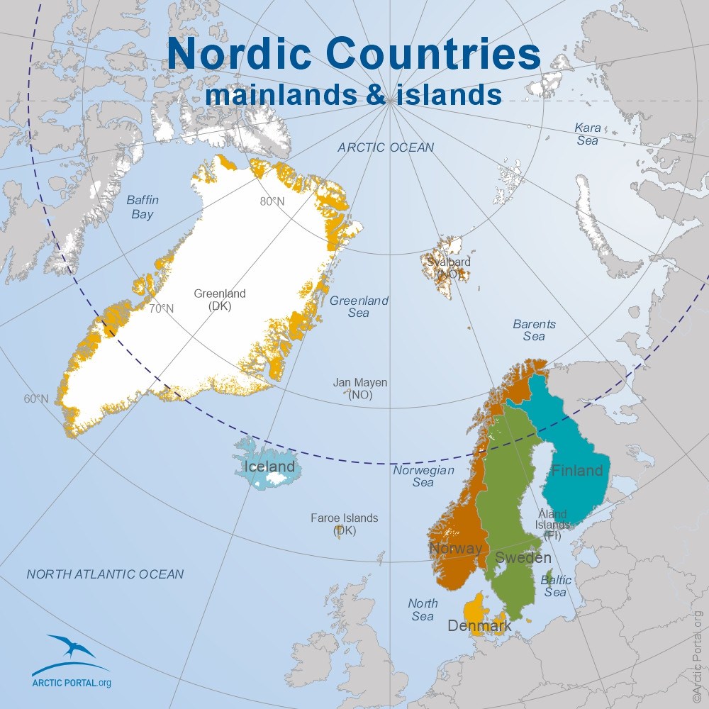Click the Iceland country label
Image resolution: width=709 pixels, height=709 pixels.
(x=269, y=467)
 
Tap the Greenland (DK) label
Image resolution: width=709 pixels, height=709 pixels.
(x=220, y=300)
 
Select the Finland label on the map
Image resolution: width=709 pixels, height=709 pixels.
(x=577, y=470)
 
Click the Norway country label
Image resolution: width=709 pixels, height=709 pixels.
(x=455, y=548)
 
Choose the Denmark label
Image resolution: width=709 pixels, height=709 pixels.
(x=479, y=626)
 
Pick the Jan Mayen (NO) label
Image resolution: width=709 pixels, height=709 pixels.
(x=360, y=389)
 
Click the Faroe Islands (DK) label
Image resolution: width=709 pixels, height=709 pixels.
(x=345, y=524)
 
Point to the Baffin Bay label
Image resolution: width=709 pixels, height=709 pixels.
(x=142, y=207)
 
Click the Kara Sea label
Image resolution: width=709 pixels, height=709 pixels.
(x=587, y=134)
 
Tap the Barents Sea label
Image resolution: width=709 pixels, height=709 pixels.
(x=534, y=330)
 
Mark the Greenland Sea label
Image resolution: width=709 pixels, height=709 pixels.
(x=359, y=306)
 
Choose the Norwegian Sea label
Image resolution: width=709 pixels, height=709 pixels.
(x=423, y=476)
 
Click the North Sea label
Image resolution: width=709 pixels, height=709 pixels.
(x=423, y=610)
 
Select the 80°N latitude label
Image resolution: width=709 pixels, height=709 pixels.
(x=272, y=201)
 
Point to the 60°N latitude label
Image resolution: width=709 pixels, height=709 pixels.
(x=36, y=398)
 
